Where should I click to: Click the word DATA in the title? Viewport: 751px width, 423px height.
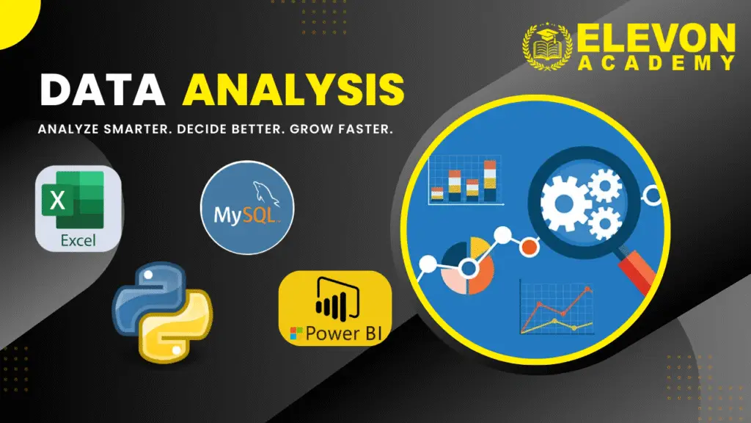pos(103,90)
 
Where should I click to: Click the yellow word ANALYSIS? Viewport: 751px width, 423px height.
pos(293,90)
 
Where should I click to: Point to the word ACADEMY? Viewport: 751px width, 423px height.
pos(656,63)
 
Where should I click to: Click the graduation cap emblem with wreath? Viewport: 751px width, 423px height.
pos(547,46)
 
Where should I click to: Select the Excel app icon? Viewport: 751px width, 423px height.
pos(78,209)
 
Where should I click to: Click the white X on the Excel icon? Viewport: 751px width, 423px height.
pos(57,200)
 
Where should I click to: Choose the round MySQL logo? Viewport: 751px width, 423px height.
pos(247,208)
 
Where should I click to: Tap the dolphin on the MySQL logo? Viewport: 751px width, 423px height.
pos(266,193)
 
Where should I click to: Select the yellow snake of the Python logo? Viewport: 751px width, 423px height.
pos(180,326)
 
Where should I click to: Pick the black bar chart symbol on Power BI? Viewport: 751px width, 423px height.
pos(337,300)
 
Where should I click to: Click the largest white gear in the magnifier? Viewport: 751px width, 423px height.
pos(565,203)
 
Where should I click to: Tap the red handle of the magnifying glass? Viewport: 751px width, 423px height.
pos(638,271)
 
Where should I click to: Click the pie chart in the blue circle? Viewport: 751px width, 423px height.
pos(467,266)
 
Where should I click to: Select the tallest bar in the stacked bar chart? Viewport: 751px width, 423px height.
pos(490,181)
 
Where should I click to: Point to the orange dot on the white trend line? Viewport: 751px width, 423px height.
pos(529,247)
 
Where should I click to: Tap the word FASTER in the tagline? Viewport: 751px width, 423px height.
pos(365,129)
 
